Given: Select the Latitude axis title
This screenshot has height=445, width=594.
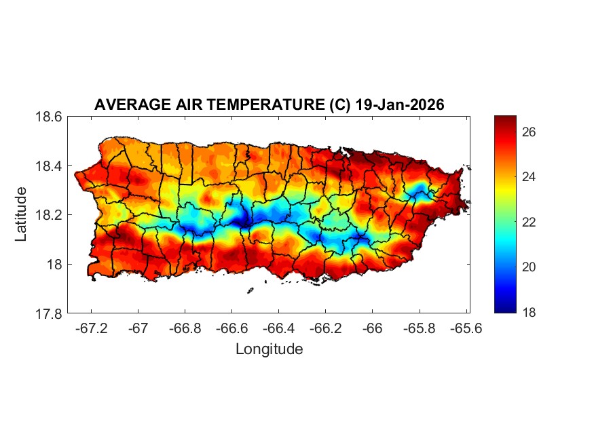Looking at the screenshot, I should (x=21, y=214).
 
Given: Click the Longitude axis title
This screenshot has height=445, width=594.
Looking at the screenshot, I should (x=269, y=349).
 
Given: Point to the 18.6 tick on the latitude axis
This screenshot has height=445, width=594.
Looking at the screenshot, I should (x=49, y=117).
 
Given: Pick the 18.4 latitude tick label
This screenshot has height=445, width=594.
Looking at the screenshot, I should (x=49, y=166).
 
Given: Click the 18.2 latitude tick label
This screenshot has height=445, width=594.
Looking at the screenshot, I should (x=49, y=215).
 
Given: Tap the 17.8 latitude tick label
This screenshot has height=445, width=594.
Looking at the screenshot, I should (x=49, y=313).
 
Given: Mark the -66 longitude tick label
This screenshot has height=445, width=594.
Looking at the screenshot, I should (x=372, y=328).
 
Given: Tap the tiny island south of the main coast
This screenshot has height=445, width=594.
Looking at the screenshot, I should (x=250, y=290).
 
